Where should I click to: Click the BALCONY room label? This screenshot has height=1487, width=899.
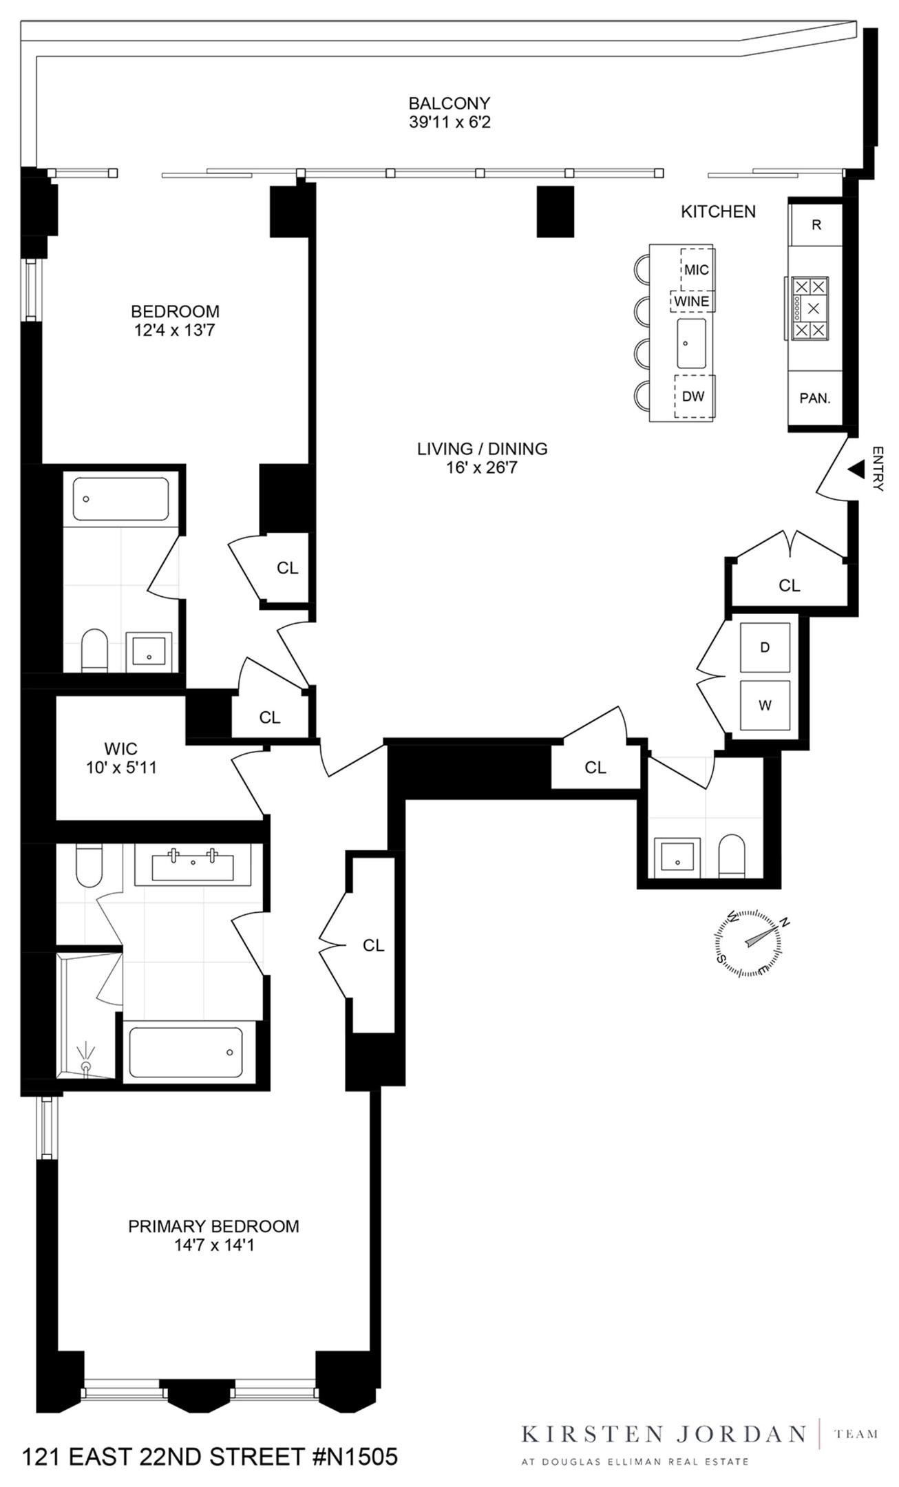(449, 103)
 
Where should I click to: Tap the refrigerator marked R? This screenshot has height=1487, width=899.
(816, 225)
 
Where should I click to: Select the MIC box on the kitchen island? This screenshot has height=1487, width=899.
(696, 270)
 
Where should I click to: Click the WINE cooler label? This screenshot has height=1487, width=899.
(691, 302)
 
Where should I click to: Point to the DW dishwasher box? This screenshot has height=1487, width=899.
(693, 397)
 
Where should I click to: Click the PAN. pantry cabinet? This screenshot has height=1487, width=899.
(815, 399)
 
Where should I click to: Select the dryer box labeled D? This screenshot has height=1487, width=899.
(765, 647)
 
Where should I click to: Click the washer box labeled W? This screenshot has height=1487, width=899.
(765, 705)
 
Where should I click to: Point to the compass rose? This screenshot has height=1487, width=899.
(749, 942)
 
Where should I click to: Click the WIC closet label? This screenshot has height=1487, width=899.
(120, 748)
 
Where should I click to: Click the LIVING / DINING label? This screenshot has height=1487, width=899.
(482, 449)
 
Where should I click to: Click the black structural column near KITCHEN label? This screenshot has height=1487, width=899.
(555, 212)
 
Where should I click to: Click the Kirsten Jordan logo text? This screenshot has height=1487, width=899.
(662, 1434)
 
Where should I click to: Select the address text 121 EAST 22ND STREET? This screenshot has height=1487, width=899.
(210, 1457)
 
